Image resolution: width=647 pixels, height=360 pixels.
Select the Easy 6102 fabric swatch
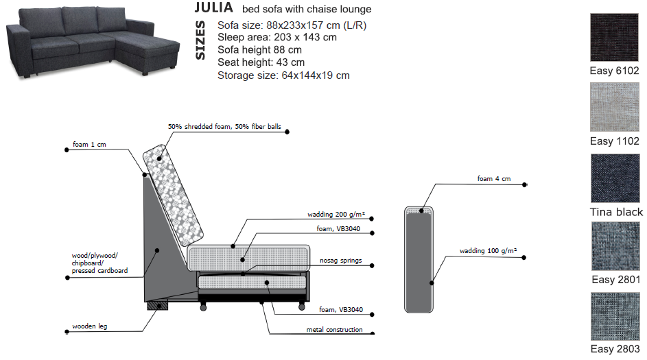click(x=614, y=38)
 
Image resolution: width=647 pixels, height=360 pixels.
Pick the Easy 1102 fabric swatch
click(x=614, y=107)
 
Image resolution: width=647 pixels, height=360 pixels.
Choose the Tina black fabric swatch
click(x=614, y=178)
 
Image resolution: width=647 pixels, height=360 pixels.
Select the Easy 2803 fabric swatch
click(x=614, y=316)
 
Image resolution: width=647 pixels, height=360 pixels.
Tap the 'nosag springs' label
click(x=341, y=261)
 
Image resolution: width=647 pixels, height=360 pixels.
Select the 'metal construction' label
click(x=334, y=330)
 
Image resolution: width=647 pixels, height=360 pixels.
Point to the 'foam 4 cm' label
click(x=494, y=179)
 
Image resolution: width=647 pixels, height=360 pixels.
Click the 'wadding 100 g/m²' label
click(x=488, y=251)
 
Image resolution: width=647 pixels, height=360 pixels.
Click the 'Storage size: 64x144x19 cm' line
click(x=283, y=75)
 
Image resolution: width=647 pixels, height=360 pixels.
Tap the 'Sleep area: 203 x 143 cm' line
click(x=277, y=37)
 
